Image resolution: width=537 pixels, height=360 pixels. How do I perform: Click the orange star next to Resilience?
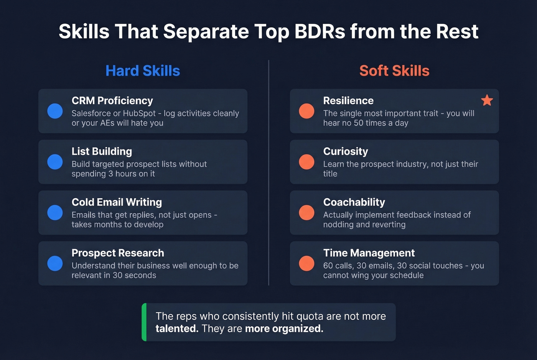coord(487,100)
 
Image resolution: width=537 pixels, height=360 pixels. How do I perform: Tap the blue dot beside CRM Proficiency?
coord(55,111)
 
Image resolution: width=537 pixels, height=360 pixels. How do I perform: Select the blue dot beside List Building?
coord(55,162)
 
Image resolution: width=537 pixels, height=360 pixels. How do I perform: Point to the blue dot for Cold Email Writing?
coord(55,213)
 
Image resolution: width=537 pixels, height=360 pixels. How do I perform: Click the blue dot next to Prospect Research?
coord(55,263)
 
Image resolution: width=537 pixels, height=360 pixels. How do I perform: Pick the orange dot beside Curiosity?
coord(306,162)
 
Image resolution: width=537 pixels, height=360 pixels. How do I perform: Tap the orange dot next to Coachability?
coord(306,213)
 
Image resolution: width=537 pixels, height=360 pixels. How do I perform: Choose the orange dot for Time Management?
coord(306,263)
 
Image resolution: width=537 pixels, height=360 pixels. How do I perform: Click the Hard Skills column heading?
coord(143,71)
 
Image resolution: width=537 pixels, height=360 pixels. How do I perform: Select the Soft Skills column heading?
coord(394,71)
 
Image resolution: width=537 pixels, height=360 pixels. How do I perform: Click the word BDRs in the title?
coord(320,31)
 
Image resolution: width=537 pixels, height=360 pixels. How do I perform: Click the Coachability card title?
coord(354,202)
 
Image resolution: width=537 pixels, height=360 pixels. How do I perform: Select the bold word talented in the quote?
coord(177,329)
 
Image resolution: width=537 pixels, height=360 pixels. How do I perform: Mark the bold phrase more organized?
coord(284,329)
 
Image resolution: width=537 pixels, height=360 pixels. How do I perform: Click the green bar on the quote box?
coord(144,322)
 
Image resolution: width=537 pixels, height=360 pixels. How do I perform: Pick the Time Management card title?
coord(369,253)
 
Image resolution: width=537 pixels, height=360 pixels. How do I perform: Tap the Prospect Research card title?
coord(118,253)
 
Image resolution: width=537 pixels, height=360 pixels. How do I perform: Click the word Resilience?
coord(348,100)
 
